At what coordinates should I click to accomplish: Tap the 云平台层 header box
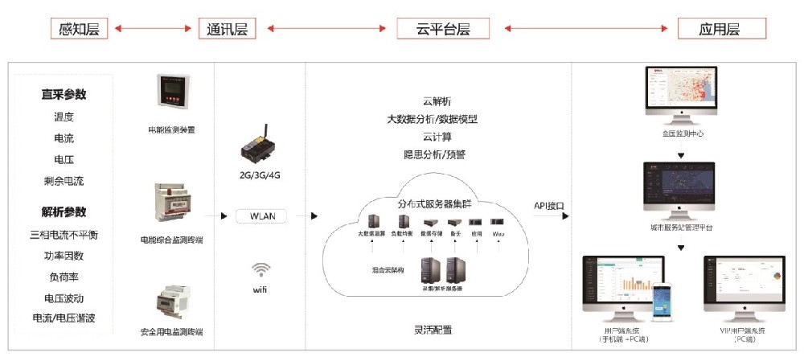(x=444, y=29)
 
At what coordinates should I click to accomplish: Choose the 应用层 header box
(x=721, y=29)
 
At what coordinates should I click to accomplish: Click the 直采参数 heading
(x=64, y=94)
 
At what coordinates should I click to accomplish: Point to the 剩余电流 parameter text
(x=64, y=181)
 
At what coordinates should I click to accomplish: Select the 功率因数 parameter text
(x=64, y=256)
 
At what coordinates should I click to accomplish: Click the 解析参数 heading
(x=64, y=212)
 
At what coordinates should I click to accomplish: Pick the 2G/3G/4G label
(x=260, y=174)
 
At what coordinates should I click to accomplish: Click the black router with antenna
(x=259, y=147)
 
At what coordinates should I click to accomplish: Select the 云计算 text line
(x=437, y=137)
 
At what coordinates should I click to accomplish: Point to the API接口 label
(x=549, y=206)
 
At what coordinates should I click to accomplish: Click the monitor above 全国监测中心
(x=680, y=95)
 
